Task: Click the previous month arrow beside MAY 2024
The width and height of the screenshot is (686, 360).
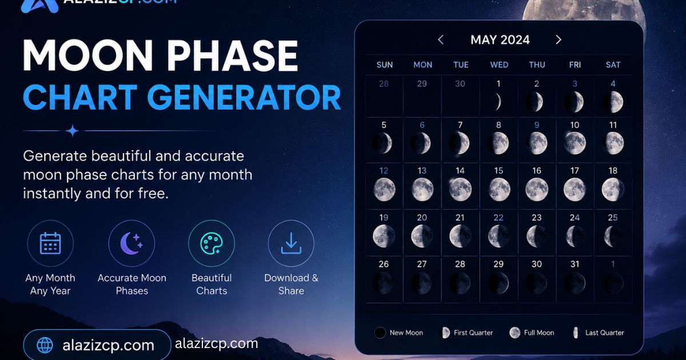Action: [441, 40]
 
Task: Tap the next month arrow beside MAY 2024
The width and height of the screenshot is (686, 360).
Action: [559, 40]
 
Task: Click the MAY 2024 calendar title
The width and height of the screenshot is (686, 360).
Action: [500, 40]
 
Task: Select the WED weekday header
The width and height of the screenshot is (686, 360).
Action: [499, 65]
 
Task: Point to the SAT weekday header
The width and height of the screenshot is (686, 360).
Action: [613, 65]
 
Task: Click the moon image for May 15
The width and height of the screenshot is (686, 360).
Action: [499, 190]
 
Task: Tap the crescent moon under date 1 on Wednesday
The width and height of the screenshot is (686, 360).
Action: [498, 102]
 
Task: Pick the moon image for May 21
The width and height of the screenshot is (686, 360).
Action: [460, 236]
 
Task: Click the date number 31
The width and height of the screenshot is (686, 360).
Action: [575, 264]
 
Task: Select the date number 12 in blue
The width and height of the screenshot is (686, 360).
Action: [384, 171]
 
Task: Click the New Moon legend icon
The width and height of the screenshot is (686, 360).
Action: [380, 333]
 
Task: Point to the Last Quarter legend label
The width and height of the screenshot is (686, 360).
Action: [605, 333]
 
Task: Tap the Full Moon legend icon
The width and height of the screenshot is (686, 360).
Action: [514, 333]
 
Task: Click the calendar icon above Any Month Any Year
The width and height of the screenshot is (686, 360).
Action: [50, 243]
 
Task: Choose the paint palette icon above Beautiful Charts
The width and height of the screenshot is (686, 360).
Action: [212, 243]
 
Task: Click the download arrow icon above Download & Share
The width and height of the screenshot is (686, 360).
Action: [291, 243]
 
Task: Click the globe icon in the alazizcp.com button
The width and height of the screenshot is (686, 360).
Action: [45, 345]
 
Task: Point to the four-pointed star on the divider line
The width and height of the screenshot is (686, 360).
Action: [73, 131]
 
